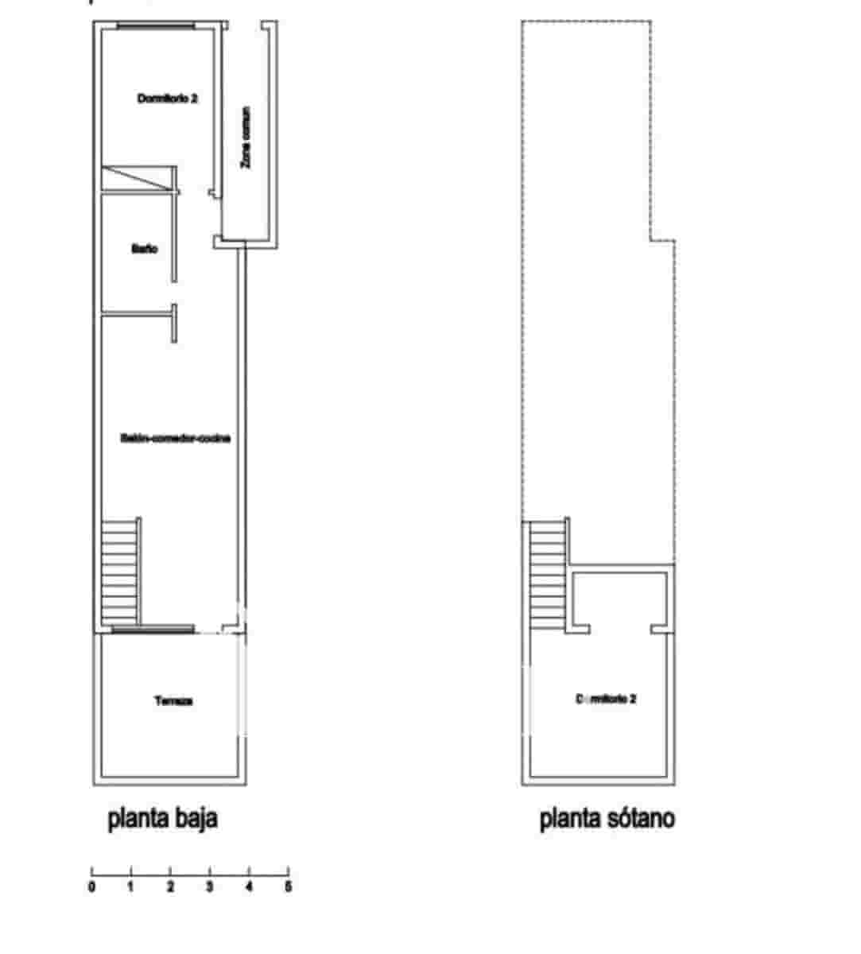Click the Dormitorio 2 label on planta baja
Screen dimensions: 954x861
pyautogui.click(x=167, y=99)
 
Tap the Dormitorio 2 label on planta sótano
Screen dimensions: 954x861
pyautogui.click(x=605, y=699)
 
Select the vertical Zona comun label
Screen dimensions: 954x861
pyautogui.click(x=246, y=138)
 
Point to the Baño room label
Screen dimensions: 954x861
pyautogui.click(x=144, y=249)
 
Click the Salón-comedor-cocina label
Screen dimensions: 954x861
pyautogui.click(x=175, y=438)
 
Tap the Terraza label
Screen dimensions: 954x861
pyautogui.click(x=173, y=701)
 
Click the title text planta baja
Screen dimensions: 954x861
pyautogui.click(x=163, y=819)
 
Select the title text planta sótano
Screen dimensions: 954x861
pyautogui.click(x=607, y=819)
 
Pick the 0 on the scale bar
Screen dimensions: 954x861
pyautogui.click(x=92, y=886)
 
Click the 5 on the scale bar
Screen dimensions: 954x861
pyautogui.click(x=288, y=886)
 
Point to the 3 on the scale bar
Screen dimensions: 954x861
pyautogui.click(x=210, y=886)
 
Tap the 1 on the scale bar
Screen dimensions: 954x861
pyautogui.click(x=131, y=886)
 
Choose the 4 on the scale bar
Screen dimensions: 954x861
pyautogui.click(x=249, y=886)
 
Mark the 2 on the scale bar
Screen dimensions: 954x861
pyautogui.click(x=170, y=886)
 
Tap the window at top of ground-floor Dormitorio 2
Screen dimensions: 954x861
pyautogui.click(x=156, y=26)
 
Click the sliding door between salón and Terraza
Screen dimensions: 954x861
pyautogui.click(x=153, y=630)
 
